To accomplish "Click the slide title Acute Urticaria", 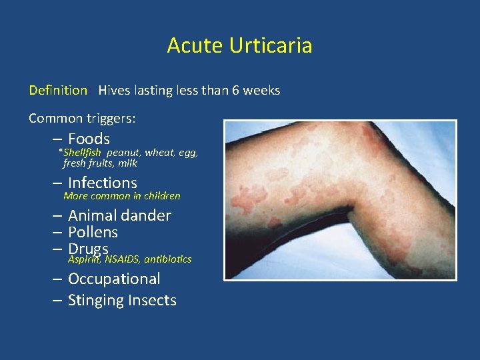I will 239,45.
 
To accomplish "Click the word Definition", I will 58,90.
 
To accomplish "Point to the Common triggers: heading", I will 82,118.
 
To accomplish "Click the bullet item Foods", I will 89,139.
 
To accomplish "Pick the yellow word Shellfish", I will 82,152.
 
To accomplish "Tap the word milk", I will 127,163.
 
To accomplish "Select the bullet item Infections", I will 102,183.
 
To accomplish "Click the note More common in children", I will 121,196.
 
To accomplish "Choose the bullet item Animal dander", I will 119,215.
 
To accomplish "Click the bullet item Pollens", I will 93,232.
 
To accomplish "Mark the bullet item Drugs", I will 88,249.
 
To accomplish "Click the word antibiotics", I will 167,259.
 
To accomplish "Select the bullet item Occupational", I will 114,279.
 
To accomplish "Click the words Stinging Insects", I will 122,301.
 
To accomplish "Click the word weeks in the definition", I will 262,90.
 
